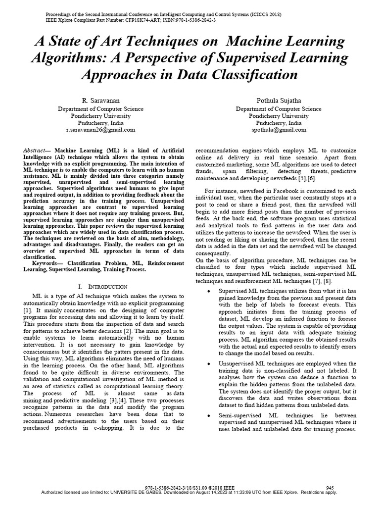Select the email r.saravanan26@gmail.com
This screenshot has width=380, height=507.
click(x=100, y=130)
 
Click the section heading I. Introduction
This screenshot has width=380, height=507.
click(x=103, y=287)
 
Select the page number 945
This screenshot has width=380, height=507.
click(x=330, y=488)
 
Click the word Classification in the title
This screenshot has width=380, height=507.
click(x=246, y=75)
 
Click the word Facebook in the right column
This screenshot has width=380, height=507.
click(x=274, y=191)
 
